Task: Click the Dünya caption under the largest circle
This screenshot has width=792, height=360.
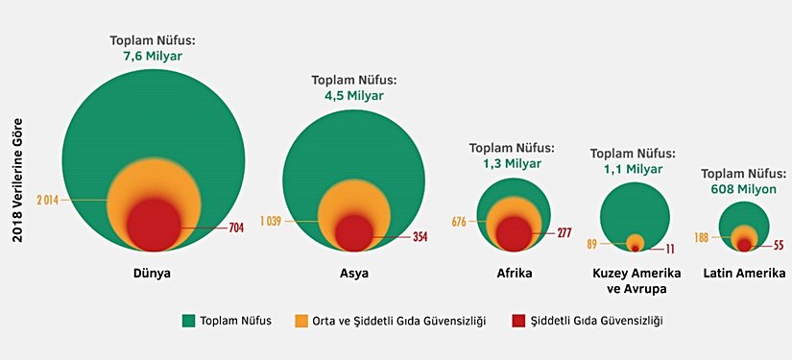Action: pyautogui.click(x=152, y=274)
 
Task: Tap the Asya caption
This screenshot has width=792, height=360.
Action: pyautogui.click(x=354, y=274)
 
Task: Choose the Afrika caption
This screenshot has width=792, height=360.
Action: pyautogui.click(x=513, y=274)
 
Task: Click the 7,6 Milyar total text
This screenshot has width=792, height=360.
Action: pyautogui.click(x=151, y=56)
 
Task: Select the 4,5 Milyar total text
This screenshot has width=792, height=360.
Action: pyautogui.click(x=353, y=96)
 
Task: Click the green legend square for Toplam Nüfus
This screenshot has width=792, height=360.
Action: pyautogui.click(x=188, y=320)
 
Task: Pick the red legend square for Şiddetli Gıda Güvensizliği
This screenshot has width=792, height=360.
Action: pyautogui.click(x=519, y=320)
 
